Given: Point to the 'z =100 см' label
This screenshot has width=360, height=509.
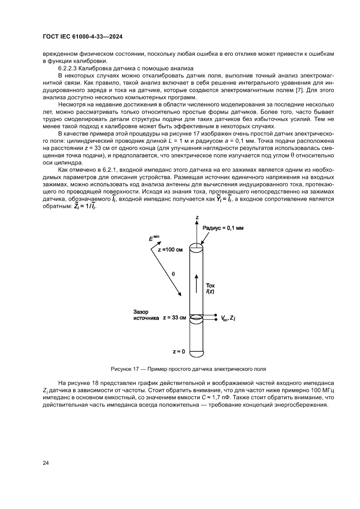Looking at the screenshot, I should (171, 250).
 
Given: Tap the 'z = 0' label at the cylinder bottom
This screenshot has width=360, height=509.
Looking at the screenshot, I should (178, 351).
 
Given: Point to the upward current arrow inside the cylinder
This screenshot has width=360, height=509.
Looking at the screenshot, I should (197, 284).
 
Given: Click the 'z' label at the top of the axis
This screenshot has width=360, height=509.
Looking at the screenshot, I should (197, 217).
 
